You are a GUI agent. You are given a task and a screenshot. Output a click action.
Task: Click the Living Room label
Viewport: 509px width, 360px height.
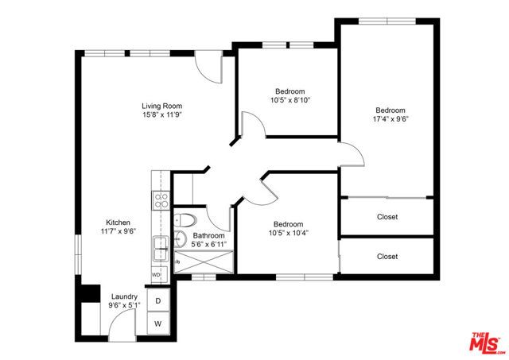(162, 106)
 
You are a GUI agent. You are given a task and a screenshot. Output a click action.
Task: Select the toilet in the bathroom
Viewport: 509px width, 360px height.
(184, 220)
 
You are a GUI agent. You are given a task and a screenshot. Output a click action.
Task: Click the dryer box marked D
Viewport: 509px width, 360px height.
(158, 300)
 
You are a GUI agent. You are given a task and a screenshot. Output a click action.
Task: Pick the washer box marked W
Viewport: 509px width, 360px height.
(158, 323)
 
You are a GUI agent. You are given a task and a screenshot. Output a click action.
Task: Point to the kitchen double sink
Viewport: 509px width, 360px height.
(160, 250)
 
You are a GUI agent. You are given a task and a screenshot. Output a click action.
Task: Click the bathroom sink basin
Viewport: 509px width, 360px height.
(181, 238)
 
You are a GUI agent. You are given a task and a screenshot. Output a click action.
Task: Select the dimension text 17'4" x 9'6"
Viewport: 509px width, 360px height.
(390, 119)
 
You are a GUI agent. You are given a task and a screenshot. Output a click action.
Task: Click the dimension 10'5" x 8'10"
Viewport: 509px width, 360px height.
(289, 100)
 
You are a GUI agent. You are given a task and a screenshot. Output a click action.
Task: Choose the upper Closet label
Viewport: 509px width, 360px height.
(387, 216)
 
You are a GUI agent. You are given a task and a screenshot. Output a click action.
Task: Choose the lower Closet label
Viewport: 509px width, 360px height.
(387, 257)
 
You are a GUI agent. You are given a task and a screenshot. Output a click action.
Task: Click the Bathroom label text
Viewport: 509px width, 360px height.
(208, 235)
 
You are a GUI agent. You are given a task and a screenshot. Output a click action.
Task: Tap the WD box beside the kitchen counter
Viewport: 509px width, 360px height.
(156, 274)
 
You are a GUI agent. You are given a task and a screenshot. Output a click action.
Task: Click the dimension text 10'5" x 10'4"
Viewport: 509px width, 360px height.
(289, 234)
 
